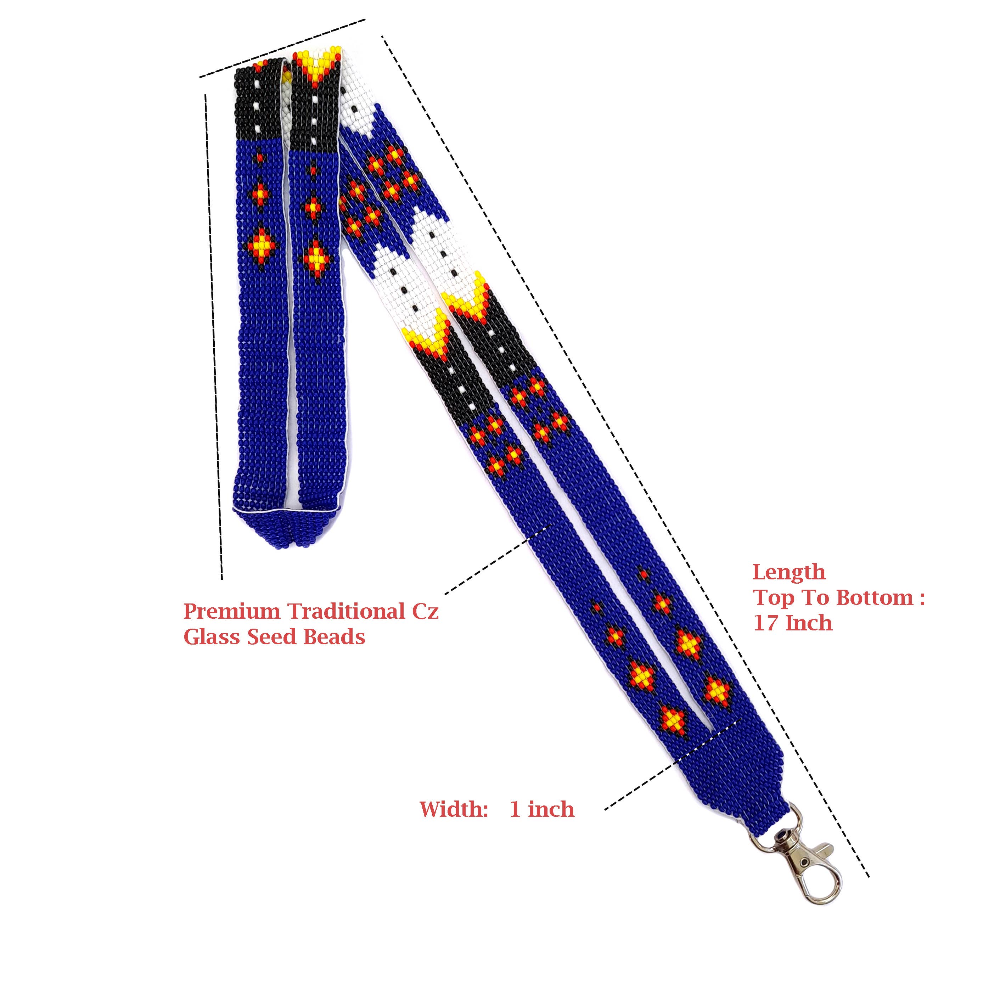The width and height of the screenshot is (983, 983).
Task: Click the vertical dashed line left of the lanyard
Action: tap(214, 336)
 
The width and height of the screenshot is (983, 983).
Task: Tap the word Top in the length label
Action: tap(773, 598)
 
